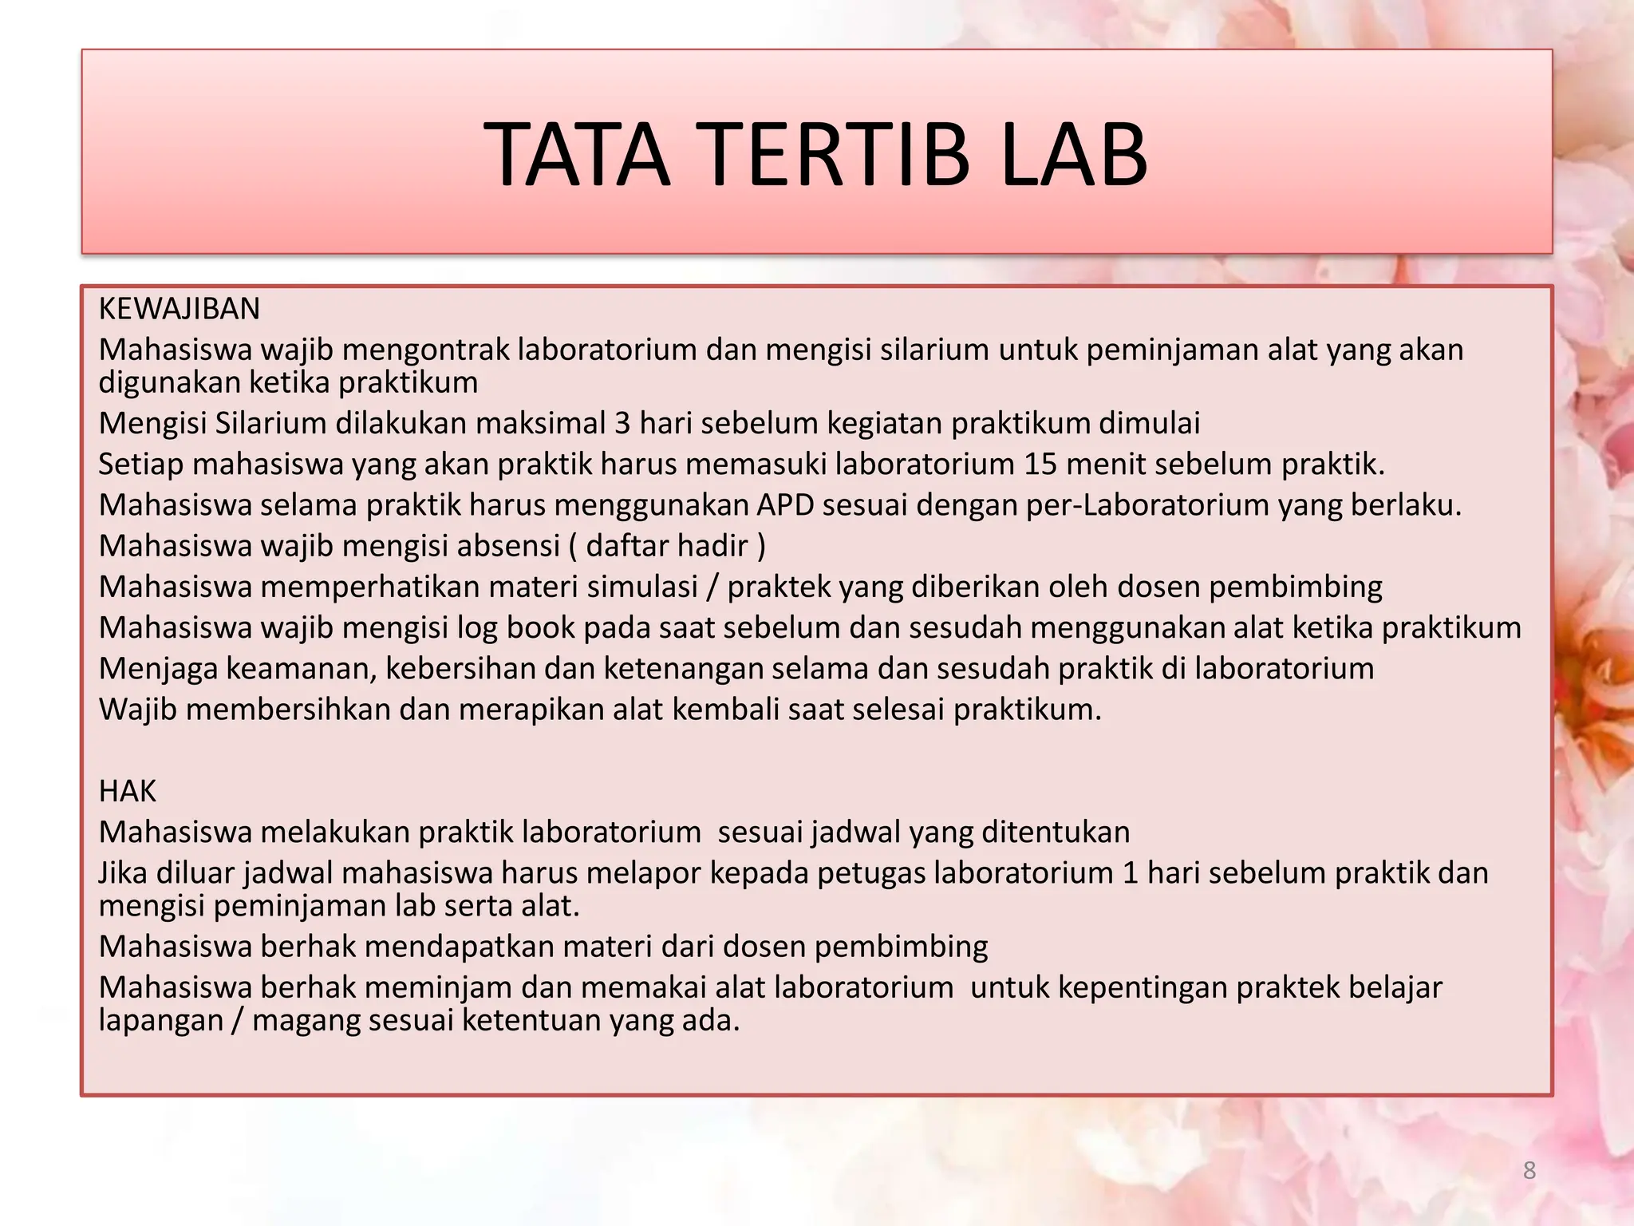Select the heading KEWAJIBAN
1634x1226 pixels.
pos(180,309)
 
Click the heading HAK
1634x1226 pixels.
pos(128,791)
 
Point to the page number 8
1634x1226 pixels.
pos(1529,1170)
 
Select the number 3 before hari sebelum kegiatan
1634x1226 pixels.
pos(622,423)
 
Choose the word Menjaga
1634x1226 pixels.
pos(158,668)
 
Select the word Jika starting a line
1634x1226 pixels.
pos(123,873)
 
